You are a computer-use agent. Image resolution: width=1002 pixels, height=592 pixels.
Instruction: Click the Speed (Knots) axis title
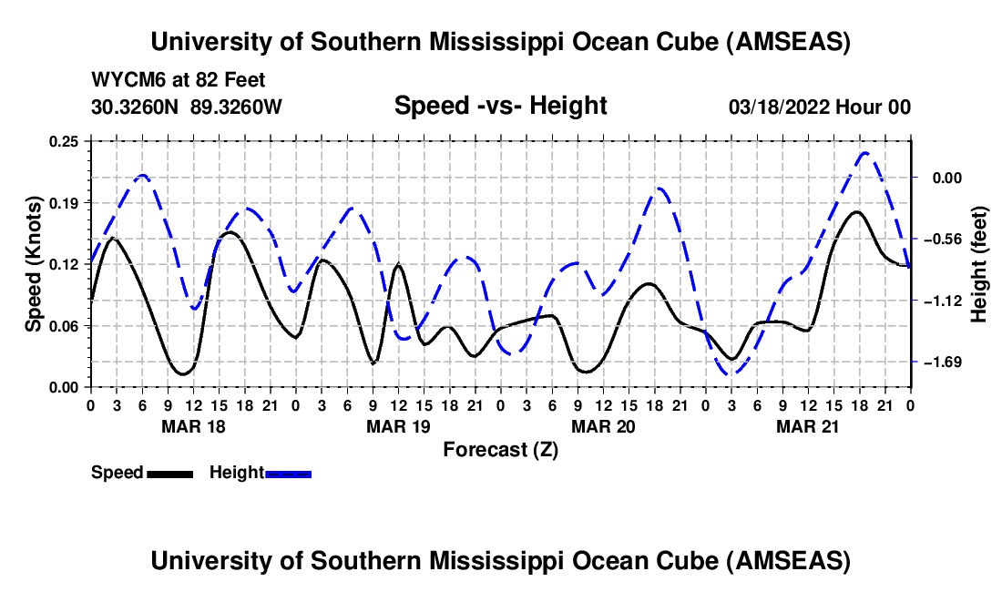coord(33,264)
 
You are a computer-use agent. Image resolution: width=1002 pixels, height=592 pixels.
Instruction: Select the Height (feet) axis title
coord(980,264)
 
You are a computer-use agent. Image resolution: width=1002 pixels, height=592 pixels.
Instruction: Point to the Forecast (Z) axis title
coord(500,449)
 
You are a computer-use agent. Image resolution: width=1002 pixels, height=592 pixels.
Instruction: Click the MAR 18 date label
coord(193,426)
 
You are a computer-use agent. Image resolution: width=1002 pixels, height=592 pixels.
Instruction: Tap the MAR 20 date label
coord(603,426)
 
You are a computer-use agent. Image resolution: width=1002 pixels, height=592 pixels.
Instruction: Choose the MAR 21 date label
coord(808,426)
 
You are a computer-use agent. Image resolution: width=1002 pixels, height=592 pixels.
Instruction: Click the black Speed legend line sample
coord(169,474)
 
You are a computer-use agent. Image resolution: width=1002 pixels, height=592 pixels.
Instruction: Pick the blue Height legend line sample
coord(289,474)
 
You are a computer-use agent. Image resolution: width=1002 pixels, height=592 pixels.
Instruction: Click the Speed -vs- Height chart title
coord(500,106)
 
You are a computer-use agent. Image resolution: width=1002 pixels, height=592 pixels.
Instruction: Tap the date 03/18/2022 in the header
coord(778,107)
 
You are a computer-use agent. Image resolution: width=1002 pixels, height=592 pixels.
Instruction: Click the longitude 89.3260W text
coord(237,107)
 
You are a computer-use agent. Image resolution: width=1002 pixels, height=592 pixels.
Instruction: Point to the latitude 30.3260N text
coord(137,107)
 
